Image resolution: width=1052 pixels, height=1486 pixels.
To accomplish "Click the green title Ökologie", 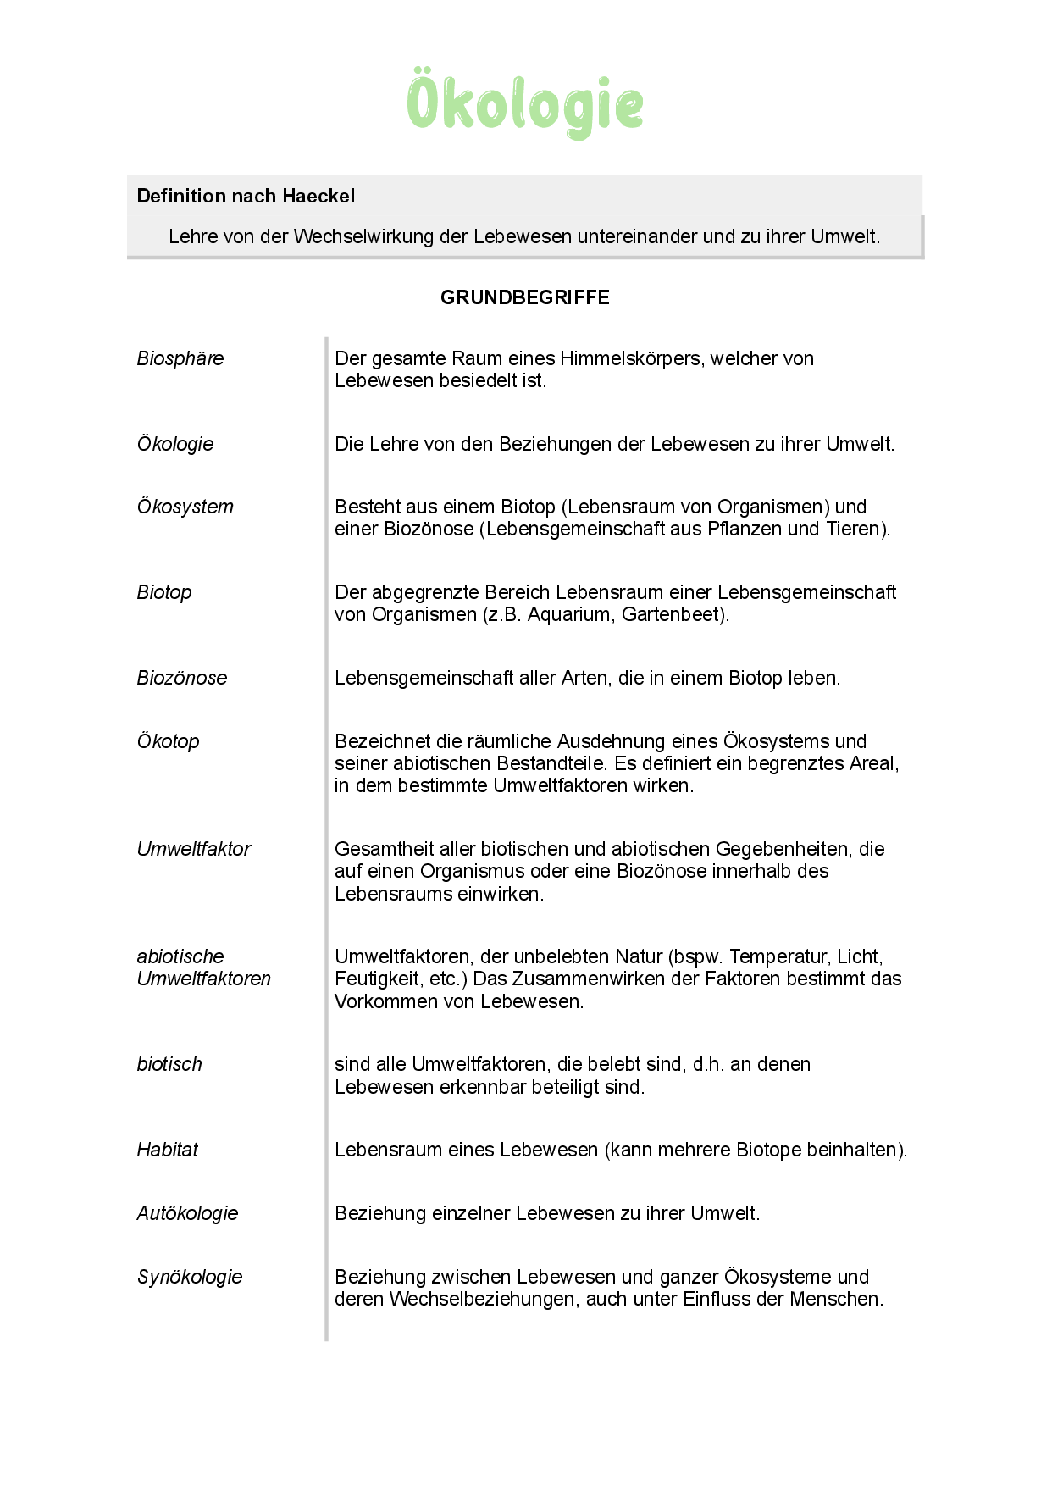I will pyautogui.click(x=525, y=103).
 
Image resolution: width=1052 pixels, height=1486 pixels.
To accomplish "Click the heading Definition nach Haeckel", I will pyautogui.click(x=246, y=196).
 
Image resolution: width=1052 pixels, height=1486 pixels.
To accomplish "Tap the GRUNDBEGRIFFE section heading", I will pyautogui.click(x=525, y=297).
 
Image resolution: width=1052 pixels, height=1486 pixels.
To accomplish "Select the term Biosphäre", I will pyautogui.click(x=180, y=358).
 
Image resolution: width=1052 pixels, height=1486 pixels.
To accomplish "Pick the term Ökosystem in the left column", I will pyautogui.click(x=185, y=507).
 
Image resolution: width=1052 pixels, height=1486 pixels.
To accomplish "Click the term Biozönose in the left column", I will pyautogui.click(x=182, y=678).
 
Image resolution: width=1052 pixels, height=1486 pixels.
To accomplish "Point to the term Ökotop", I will pyautogui.click(x=168, y=741).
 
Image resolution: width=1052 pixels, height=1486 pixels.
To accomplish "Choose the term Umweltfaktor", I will pyautogui.click(x=194, y=849).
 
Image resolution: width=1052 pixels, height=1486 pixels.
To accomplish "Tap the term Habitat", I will pyautogui.click(x=167, y=1150).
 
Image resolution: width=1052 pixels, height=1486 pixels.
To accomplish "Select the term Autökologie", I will pyautogui.click(x=187, y=1213).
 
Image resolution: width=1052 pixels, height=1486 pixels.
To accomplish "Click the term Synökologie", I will pyautogui.click(x=190, y=1277).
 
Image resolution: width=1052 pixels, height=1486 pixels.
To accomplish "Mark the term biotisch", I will pyautogui.click(x=169, y=1064).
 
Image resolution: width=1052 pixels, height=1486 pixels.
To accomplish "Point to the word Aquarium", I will pyautogui.click(x=571, y=614).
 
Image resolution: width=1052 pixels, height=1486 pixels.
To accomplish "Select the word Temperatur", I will pyautogui.click(x=778, y=956).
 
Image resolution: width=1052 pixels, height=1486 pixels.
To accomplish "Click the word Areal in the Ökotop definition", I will pyautogui.click(x=872, y=763).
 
